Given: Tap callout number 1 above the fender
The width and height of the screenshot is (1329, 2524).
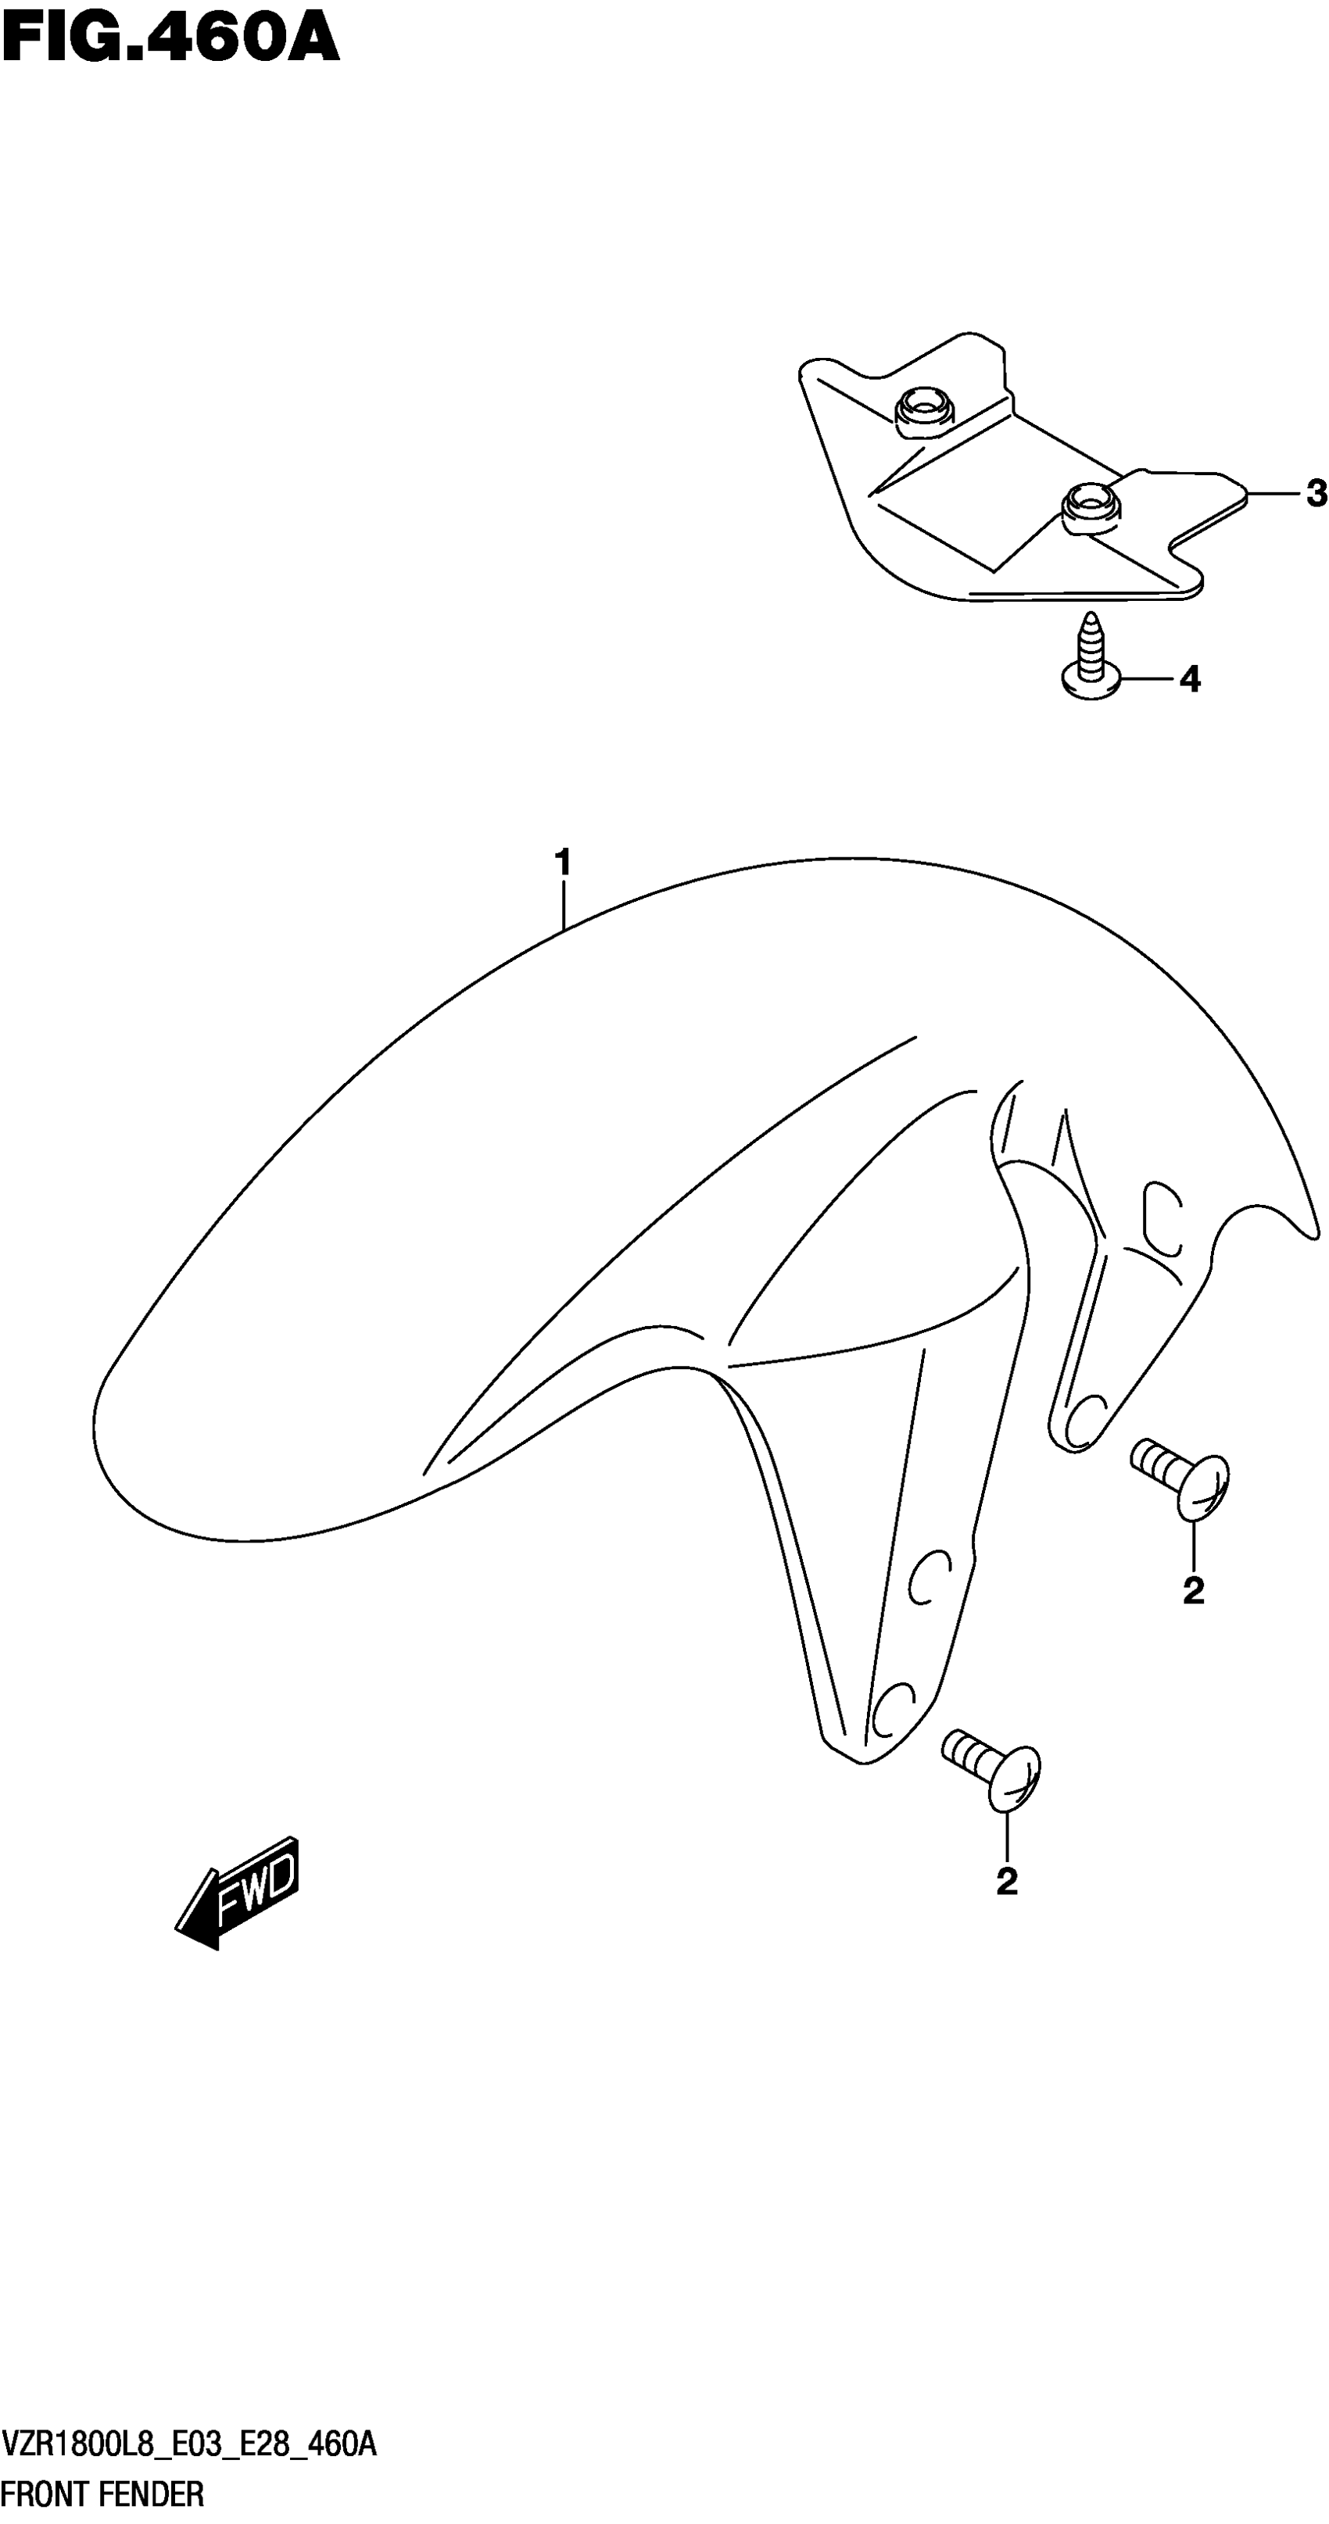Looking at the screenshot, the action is pyautogui.click(x=563, y=863).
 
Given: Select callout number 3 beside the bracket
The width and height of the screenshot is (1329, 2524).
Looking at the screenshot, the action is pyautogui.click(x=1315, y=494).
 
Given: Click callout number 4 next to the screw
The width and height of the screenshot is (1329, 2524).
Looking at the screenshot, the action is pyautogui.click(x=1190, y=678).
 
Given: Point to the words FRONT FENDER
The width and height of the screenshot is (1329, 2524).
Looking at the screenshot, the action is pyautogui.click(x=103, y=2494).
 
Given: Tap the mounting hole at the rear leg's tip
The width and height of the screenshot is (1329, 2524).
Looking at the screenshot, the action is pyautogui.click(x=1082, y=1421).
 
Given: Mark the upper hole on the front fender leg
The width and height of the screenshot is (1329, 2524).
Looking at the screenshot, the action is pyautogui.click(x=926, y=1578).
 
